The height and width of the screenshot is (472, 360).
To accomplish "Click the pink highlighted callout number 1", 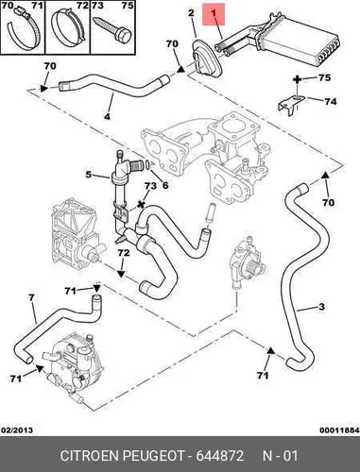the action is (x=214, y=13).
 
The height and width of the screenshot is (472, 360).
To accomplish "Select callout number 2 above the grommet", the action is (x=191, y=13).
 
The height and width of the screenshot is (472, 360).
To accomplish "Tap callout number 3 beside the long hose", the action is (x=321, y=306).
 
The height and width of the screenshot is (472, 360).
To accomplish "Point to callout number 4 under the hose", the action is (x=107, y=117).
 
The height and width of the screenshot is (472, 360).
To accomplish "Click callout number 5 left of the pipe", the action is (x=89, y=174).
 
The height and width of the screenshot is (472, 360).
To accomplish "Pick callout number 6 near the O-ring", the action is (x=165, y=185).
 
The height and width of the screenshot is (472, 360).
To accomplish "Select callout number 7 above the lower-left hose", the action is (x=31, y=297).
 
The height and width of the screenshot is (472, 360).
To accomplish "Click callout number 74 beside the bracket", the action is (x=331, y=101).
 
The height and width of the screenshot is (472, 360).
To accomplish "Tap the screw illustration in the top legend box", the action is (x=112, y=30).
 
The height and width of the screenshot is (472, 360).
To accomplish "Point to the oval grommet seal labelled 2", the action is (x=207, y=59).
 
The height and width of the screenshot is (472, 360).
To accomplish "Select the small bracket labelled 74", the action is (x=291, y=105).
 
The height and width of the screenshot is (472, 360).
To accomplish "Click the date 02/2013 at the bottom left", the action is (x=17, y=430).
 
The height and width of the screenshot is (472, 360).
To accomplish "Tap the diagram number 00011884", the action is (x=339, y=430).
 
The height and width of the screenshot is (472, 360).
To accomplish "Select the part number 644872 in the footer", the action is (x=220, y=456).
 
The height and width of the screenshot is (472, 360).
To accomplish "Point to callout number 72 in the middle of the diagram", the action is (x=124, y=253).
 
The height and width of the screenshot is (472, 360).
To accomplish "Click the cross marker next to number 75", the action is (x=297, y=79).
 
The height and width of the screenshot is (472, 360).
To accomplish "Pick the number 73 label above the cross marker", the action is (x=150, y=186).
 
